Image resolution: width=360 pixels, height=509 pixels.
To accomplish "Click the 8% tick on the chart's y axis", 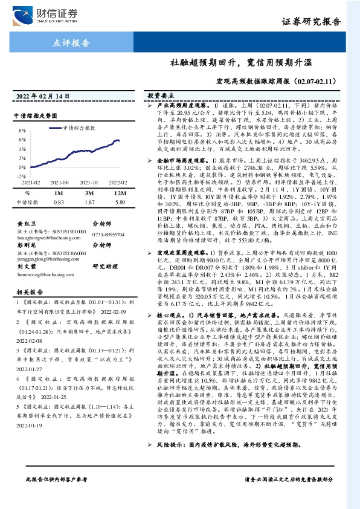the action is tap(22, 130).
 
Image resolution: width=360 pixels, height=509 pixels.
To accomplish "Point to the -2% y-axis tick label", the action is tap(21, 175).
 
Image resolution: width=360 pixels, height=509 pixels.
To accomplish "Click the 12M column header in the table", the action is tap(119, 192).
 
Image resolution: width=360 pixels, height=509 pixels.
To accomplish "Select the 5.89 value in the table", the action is tap(119, 202).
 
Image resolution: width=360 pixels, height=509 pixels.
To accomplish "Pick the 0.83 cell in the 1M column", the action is tap(59, 202).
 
